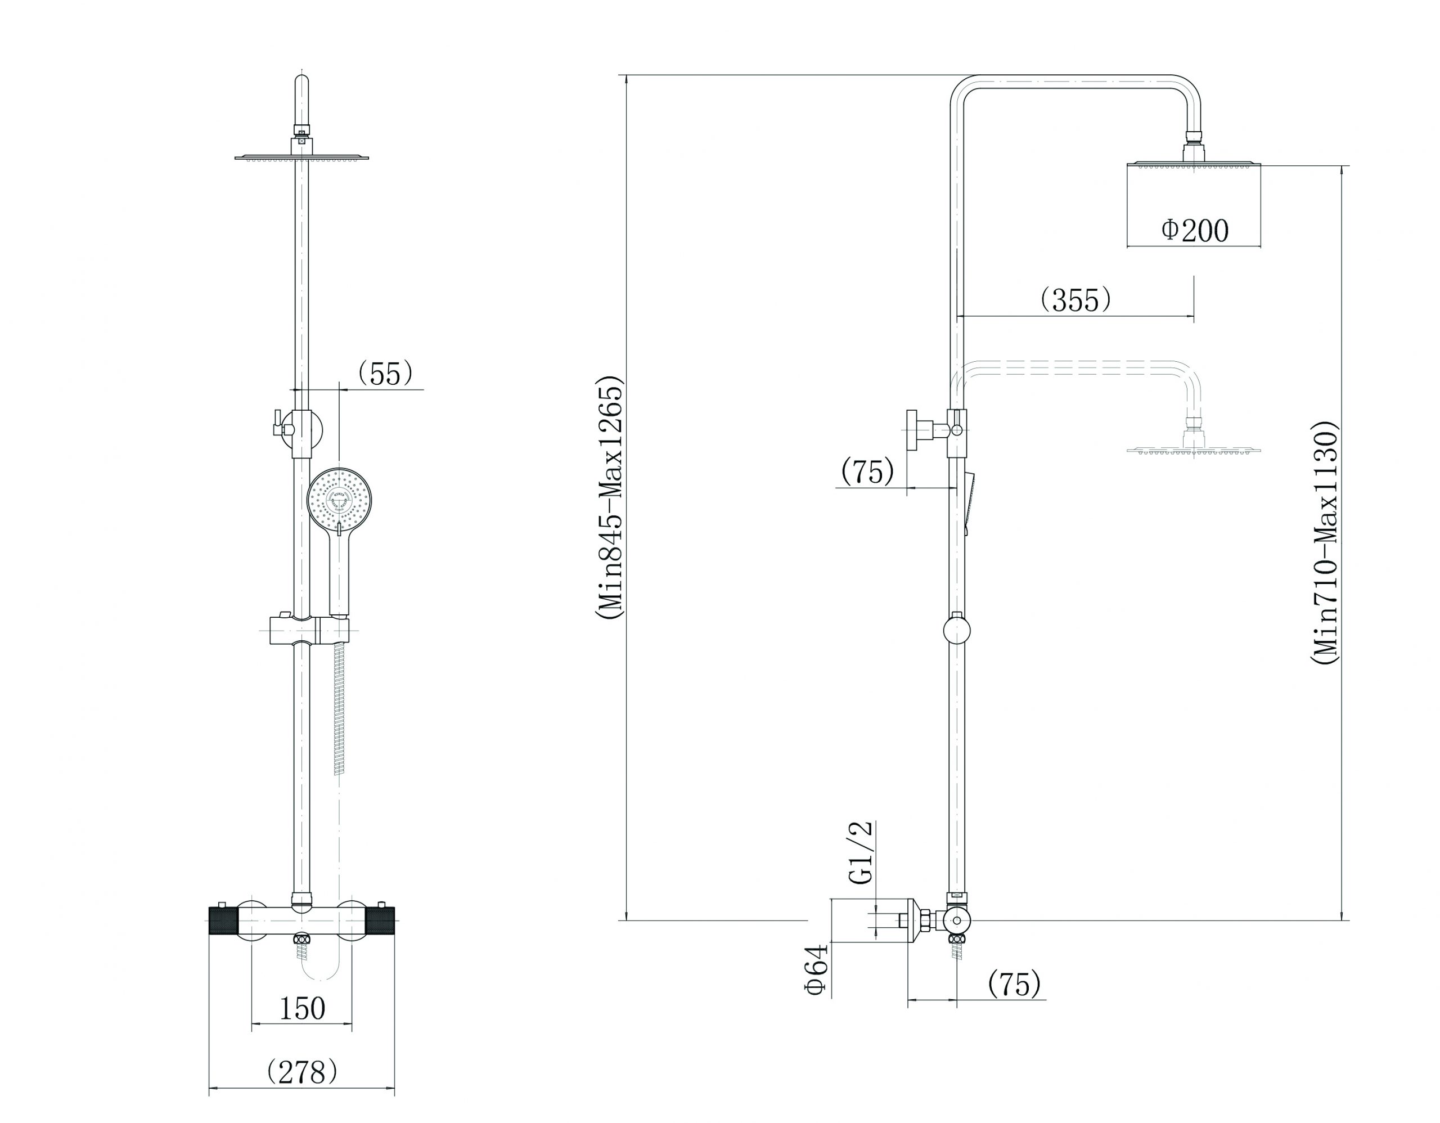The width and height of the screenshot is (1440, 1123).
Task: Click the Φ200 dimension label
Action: [1195, 231]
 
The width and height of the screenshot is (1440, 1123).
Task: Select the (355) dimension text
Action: [1075, 299]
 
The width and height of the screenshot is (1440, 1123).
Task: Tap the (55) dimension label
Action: [385, 374]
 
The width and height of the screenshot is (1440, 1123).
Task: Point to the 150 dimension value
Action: [303, 1008]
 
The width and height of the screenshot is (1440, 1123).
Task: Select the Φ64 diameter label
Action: [816, 969]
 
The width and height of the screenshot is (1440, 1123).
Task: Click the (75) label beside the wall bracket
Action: [867, 471]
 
